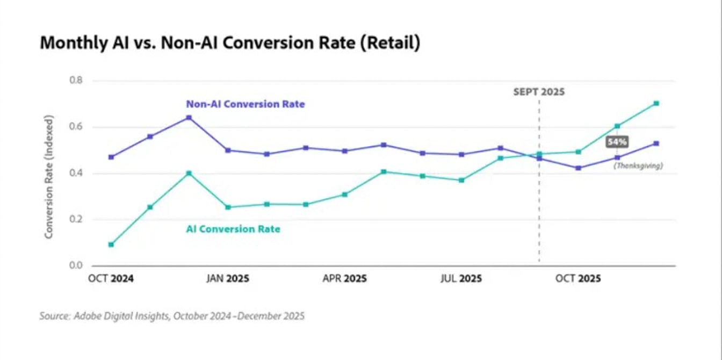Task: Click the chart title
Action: [229, 43]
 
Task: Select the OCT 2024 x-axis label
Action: [111, 279]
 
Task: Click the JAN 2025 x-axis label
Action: [227, 279]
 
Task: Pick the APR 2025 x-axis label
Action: [344, 279]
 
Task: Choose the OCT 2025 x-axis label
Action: [578, 279]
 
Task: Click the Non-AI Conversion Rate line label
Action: [245, 104]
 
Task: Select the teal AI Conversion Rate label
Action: [233, 229]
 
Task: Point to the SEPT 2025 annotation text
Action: [539, 92]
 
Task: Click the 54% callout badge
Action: [617, 142]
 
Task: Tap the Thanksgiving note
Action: [638, 166]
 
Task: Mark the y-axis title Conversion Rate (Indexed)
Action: [49, 177]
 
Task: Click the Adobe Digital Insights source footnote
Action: [172, 316]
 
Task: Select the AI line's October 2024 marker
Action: [111, 244]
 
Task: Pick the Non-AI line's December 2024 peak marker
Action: [189, 117]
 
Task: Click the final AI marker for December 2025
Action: [656, 103]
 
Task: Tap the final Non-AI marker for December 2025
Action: [656, 143]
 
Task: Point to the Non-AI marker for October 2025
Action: [578, 168]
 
